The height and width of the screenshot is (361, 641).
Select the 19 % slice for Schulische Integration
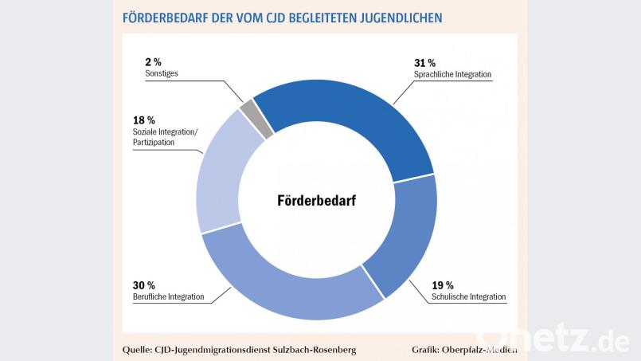pyautogui.click(x=405, y=239)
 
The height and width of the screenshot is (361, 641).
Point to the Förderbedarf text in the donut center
pyautogui.click(x=316, y=201)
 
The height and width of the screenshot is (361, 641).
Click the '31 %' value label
pyautogui.click(x=424, y=62)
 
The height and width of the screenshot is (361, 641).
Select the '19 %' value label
pyautogui.click(x=443, y=284)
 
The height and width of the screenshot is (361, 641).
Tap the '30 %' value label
pyautogui.click(x=144, y=284)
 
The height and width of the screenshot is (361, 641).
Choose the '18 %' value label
pyautogui.click(x=144, y=120)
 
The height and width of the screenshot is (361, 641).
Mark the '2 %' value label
pyautogui.click(x=154, y=61)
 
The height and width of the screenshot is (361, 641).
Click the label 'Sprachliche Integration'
pyautogui.click(x=452, y=74)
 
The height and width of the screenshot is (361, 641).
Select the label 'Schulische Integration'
pyautogui.click(x=469, y=296)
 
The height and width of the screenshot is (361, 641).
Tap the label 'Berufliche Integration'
pyautogui.click(x=168, y=296)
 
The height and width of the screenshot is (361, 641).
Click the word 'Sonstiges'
pyautogui.click(x=162, y=73)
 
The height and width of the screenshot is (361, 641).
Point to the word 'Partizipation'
pyautogui.click(x=154, y=143)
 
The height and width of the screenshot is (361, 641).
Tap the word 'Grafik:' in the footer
pyautogui.click(x=429, y=349)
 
